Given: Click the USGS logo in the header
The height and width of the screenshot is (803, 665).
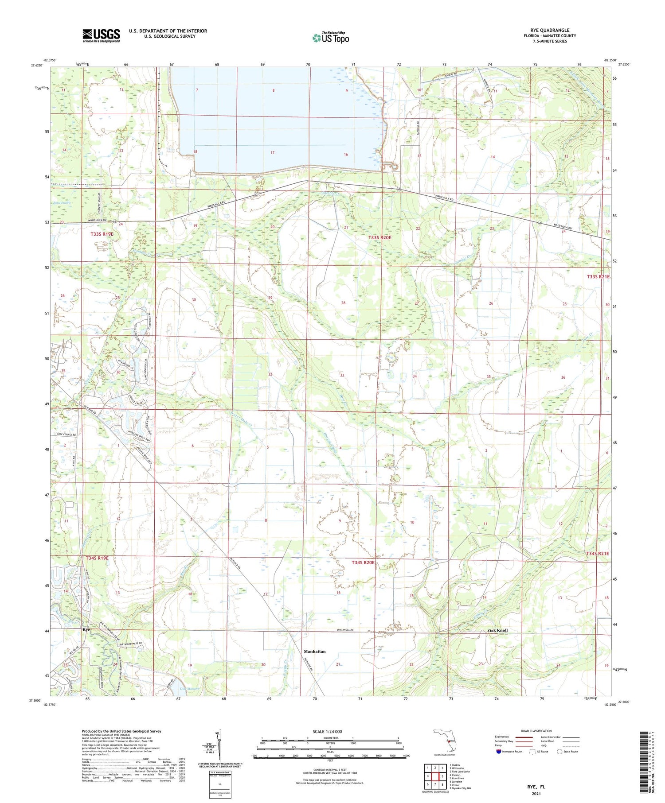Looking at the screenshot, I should (101, 35).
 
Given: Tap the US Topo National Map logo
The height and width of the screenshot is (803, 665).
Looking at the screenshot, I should (330, 38).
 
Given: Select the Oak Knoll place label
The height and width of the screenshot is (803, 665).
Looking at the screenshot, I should (497, 630).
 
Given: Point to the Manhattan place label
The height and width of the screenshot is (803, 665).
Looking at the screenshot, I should (315, 652).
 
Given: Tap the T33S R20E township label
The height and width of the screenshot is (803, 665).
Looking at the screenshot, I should (380, 238).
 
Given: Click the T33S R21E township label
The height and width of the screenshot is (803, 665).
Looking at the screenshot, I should (598, 277).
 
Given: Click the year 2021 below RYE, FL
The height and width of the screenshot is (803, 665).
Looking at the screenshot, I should (536, 793).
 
